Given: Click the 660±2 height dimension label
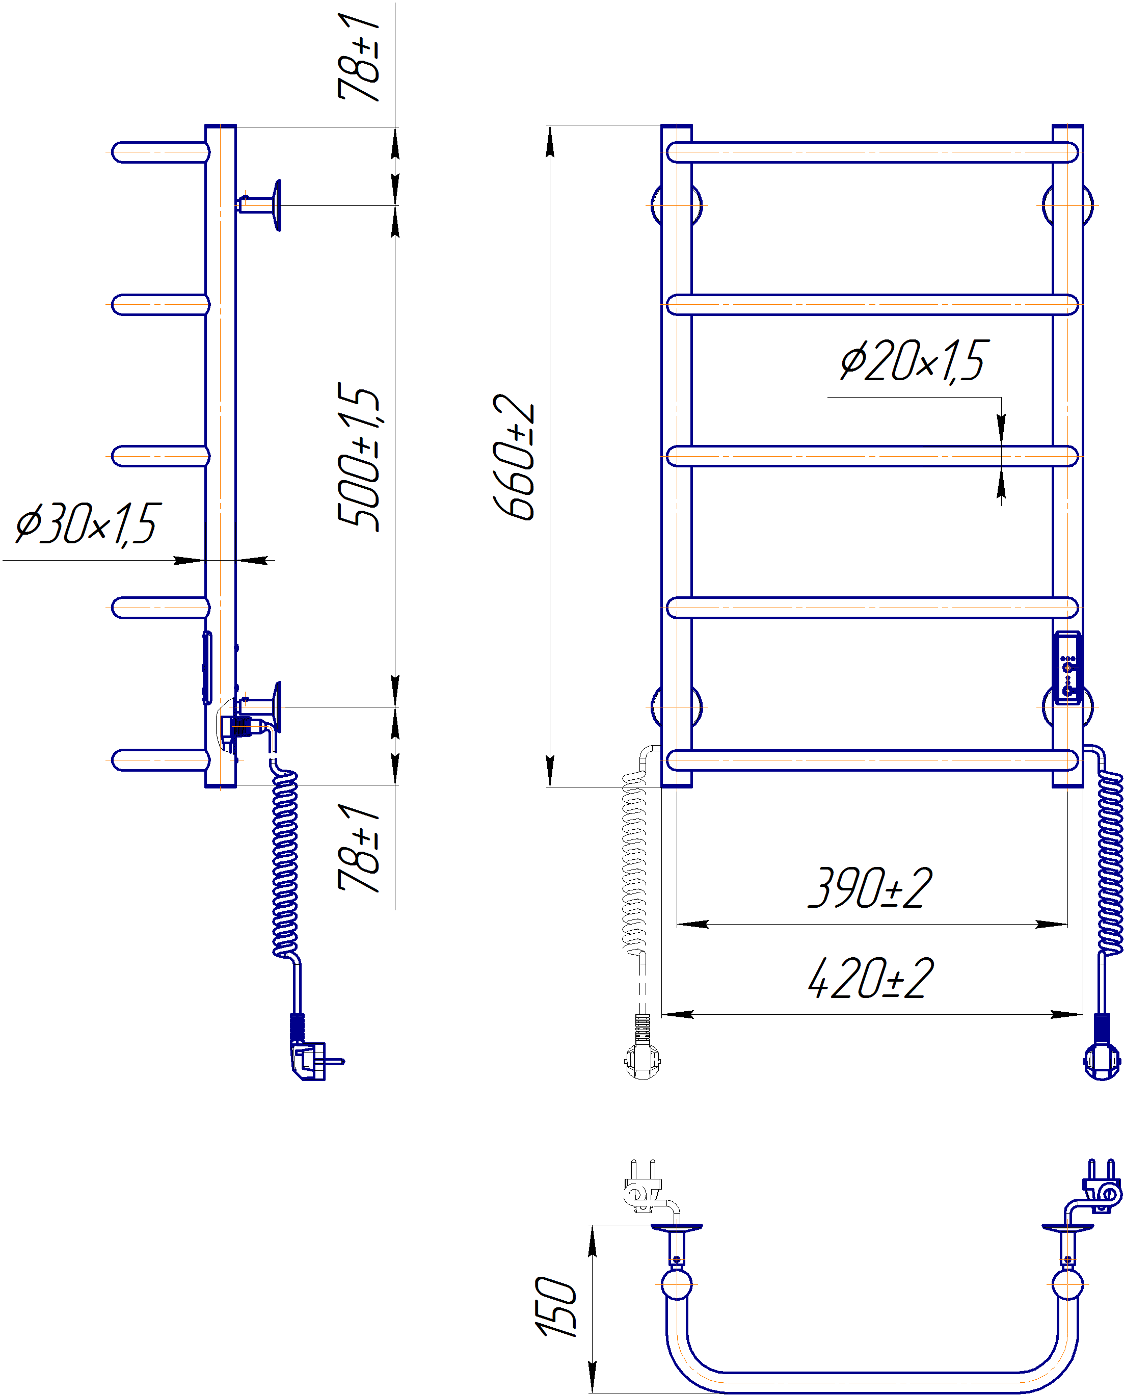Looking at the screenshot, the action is point(514,456).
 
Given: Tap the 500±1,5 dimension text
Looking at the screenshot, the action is point(358,456).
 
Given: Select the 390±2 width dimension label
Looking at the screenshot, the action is point(870,887).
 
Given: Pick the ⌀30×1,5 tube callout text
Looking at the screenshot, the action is point(88,523).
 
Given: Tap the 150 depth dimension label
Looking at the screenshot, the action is point(555,1307).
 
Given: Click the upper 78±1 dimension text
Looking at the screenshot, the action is point(358,57).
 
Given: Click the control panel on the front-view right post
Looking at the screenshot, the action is point(1067,668).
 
